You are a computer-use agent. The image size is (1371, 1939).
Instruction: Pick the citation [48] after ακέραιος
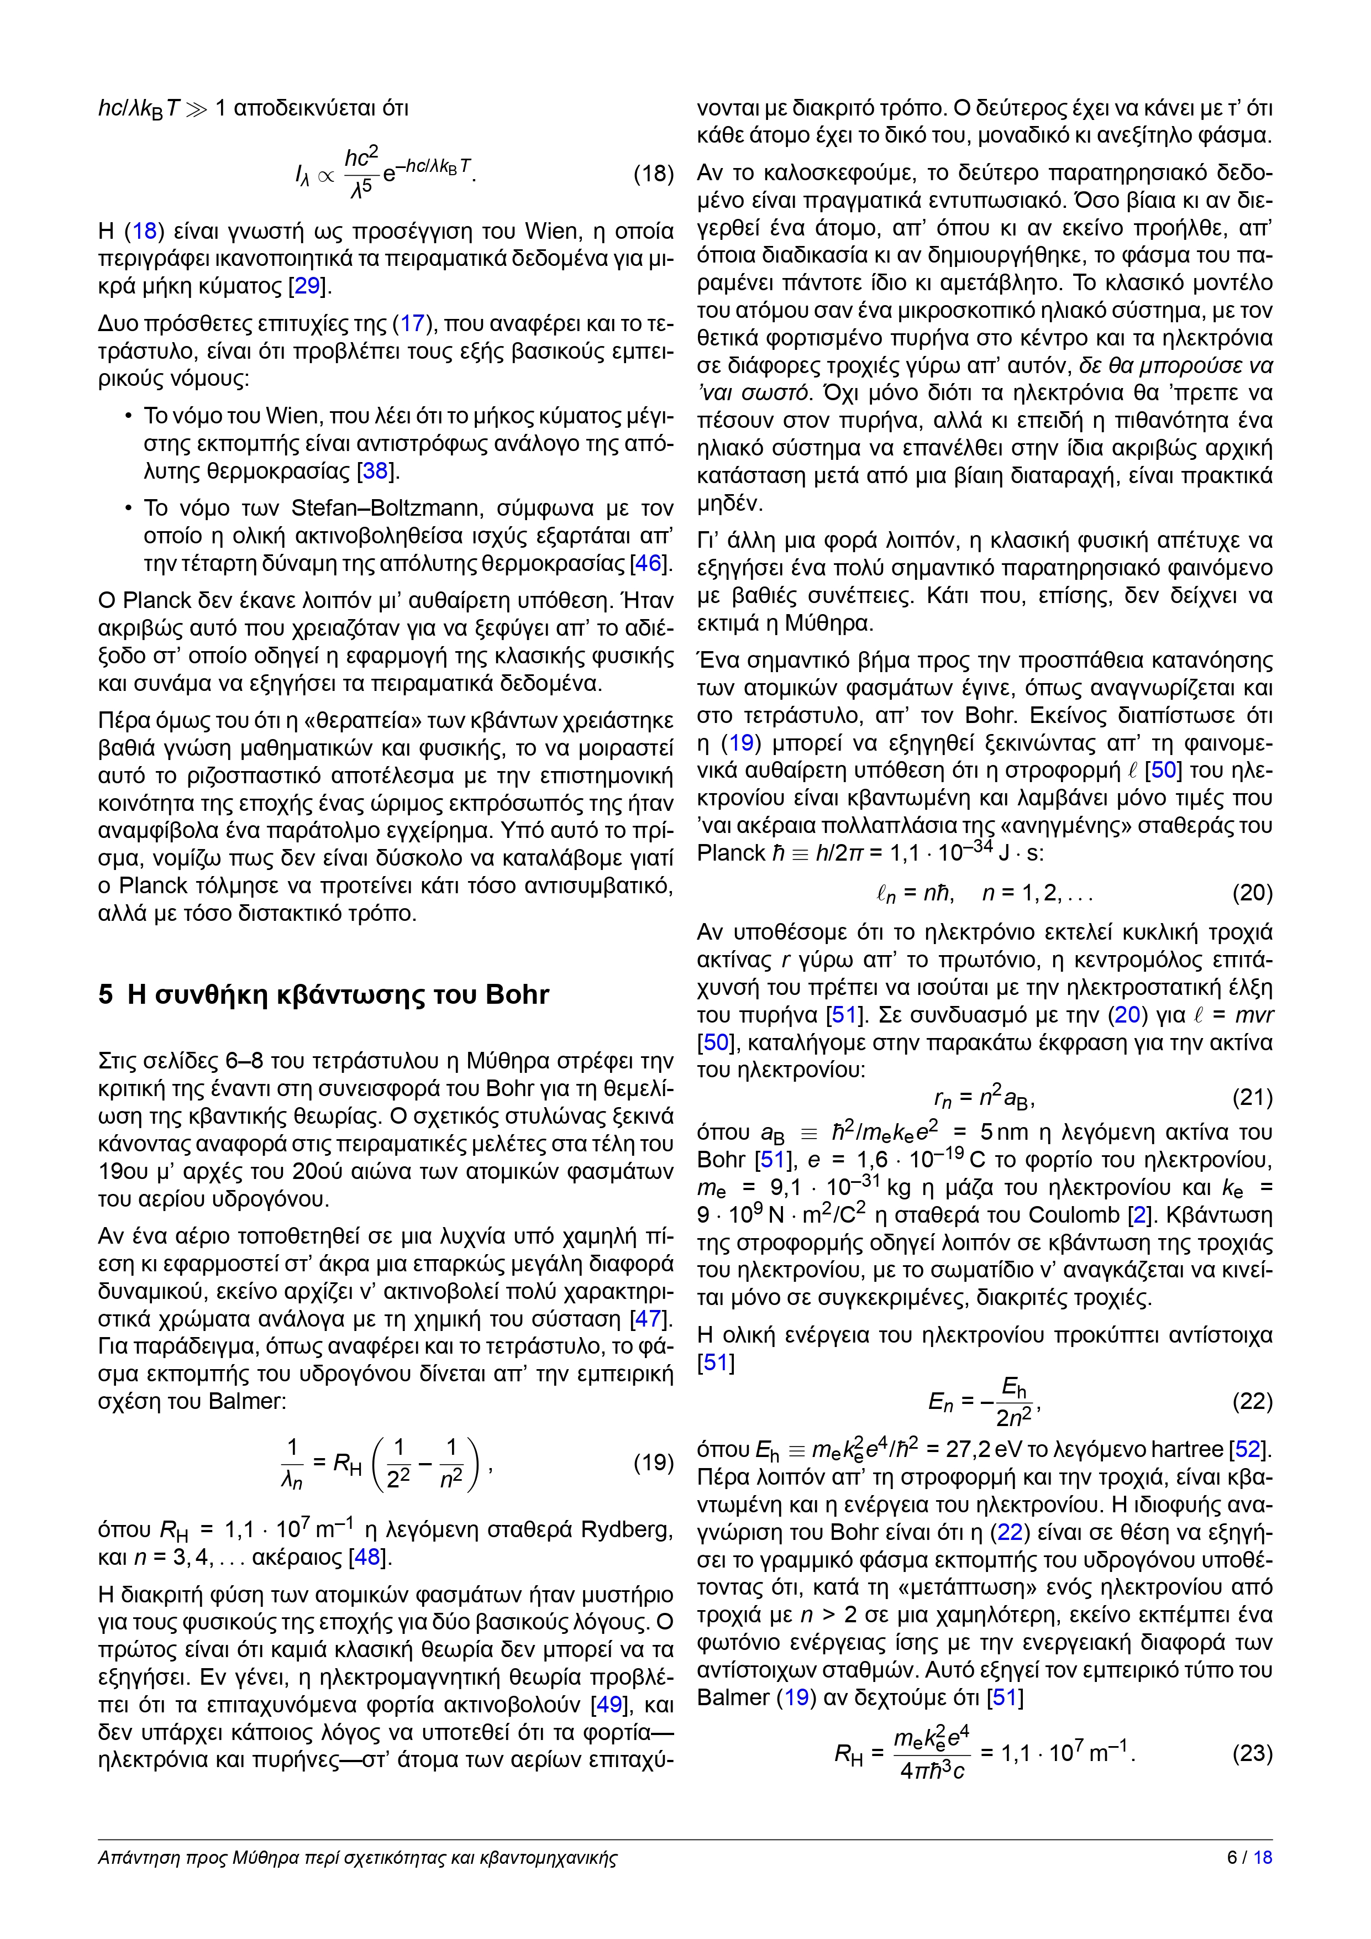(x=368, y=1557)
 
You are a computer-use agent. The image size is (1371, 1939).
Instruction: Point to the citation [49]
(x=611, y=1704)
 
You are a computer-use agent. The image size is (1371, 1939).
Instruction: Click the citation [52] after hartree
(x=1248, y=1449)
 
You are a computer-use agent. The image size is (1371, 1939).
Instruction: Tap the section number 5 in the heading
(x=106, y=995)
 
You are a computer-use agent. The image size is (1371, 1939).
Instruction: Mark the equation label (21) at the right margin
(x=1252, y=1097)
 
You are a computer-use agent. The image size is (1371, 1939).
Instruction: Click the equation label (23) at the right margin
(x=1252, y=1753)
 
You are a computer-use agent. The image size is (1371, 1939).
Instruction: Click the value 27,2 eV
(x=984, y=1449)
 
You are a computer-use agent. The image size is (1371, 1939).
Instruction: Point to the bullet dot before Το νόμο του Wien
(x=128, y=416)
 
